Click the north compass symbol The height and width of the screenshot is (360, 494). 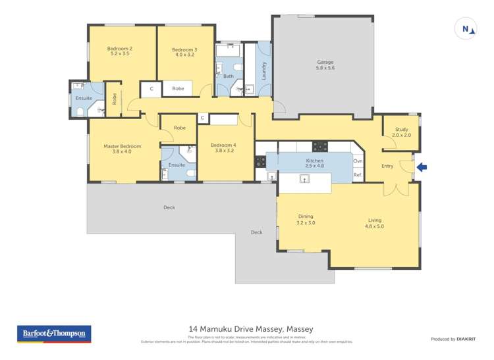(466, 29)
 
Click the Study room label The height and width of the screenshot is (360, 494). (401, 132)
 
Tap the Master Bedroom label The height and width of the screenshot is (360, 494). (122, 149)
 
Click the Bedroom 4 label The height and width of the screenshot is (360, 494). (223, 147)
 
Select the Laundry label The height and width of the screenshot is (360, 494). (264, 71)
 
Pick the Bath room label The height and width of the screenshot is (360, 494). (228, 76)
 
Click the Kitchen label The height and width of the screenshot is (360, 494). (314, 163)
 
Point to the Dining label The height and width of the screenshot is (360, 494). (306, 219)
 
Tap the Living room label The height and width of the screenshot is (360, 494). (373, 223)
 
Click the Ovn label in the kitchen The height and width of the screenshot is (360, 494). (358, 161)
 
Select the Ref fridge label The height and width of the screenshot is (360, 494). (357, 175)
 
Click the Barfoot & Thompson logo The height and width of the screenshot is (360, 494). (53, 334)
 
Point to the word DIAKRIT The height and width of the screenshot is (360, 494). (466, 340)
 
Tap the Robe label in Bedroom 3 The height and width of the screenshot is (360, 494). (178, 88)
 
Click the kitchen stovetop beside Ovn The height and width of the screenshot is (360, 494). (321, 146)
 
